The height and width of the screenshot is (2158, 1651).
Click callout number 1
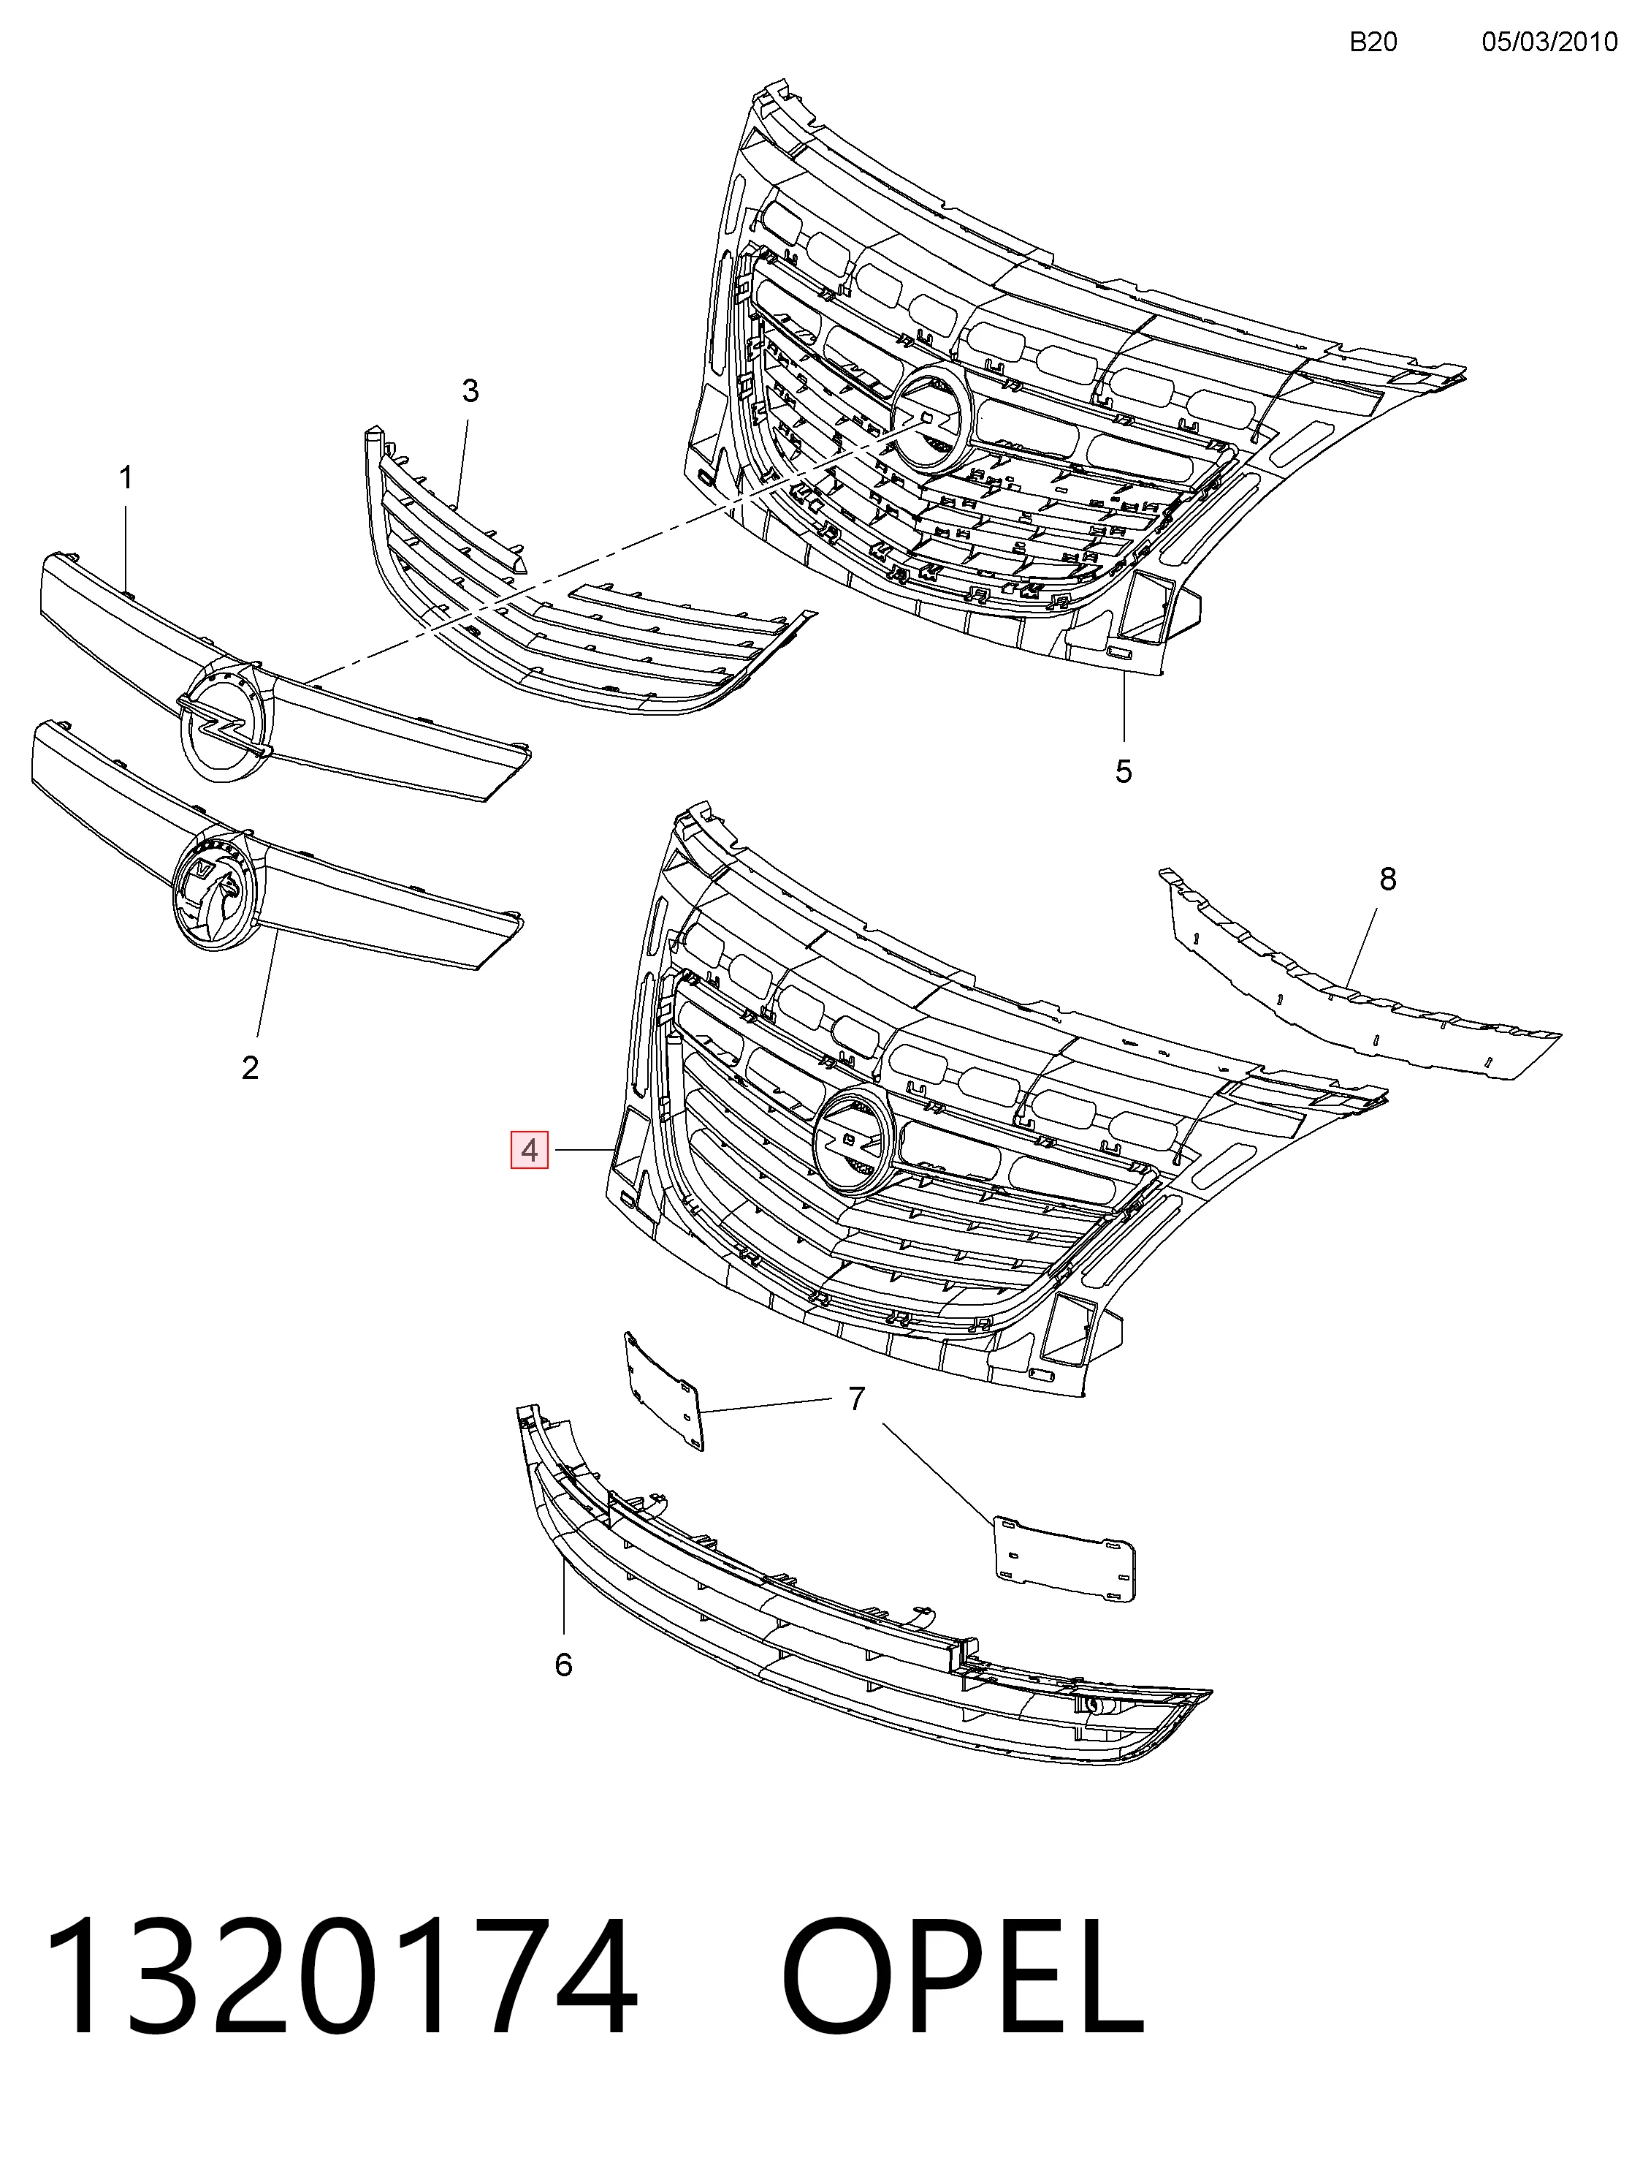[x=126, y=479]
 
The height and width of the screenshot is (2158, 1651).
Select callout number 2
[x=251, y=1068]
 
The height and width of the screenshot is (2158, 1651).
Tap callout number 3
[x=470, y=391]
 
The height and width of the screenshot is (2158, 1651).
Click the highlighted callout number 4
[x=530, y=1151]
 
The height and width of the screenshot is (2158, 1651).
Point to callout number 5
[x=1124, y=772]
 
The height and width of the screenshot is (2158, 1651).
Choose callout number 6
[x=563, y=1665]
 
